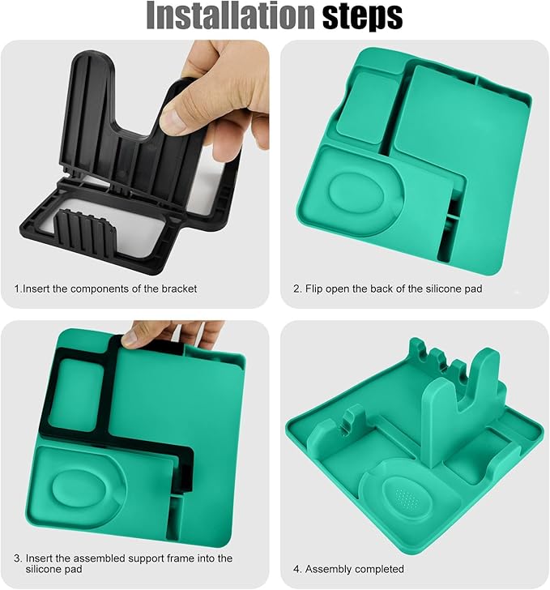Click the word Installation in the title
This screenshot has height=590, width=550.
[x=230, y=16]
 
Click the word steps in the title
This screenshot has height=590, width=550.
[x=363, y=16]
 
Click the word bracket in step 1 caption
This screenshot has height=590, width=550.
[x=179, y=289]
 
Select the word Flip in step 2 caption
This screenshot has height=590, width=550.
[x=313, y=289]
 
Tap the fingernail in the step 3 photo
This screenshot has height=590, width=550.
[x=130, y=339]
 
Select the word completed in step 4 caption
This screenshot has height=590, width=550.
[x=380, y=569]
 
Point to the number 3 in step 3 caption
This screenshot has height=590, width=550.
[x=17, y=558]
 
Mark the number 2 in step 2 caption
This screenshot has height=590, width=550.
[x=296, y=289]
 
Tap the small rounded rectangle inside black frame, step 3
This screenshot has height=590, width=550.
[x=76, y=395]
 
